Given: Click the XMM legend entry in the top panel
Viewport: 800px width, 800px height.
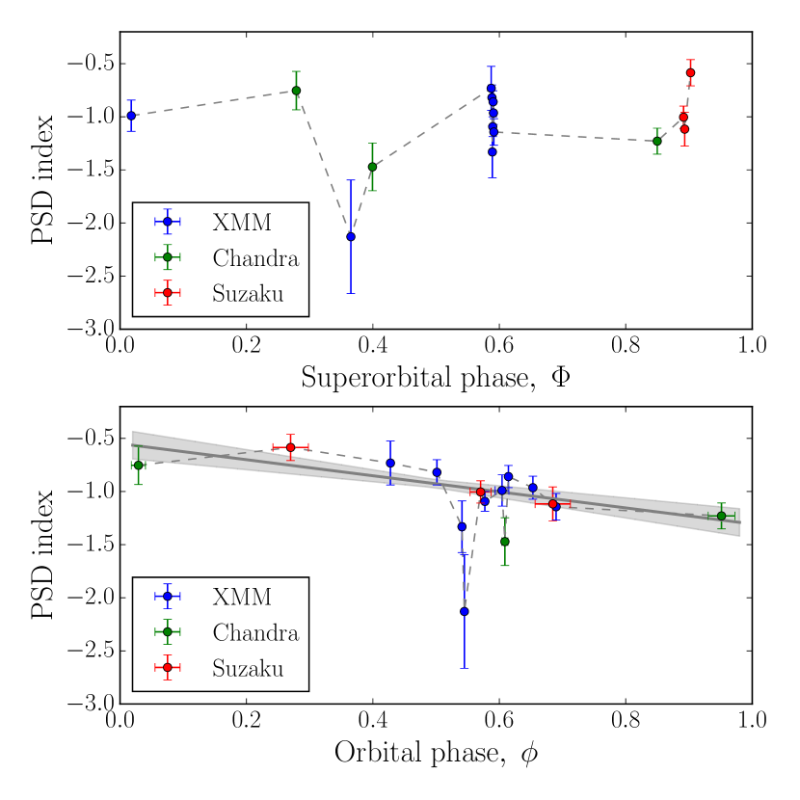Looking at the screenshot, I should (x=241, y=221).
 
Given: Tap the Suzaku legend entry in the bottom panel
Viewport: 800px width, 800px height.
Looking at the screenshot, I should (x=248, y=667).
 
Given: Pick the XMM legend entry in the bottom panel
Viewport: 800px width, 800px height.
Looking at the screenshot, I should (x=241, y=597).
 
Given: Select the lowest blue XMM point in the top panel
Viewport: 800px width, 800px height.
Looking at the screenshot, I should (x=351, y=236).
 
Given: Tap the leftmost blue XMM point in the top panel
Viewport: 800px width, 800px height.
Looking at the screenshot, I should (x=131, y=116).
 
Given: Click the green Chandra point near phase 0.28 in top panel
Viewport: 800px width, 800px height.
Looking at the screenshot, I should (x=296, y=91).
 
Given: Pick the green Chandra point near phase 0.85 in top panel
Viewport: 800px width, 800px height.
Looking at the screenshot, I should (x=657, y=141).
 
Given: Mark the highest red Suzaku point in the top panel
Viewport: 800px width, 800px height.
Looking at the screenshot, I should (x=690, y=72).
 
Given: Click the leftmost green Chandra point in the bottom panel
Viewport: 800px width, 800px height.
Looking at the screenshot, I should (x=138, y=466).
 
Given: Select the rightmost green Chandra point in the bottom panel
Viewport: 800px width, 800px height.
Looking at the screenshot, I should (x=721, y=516).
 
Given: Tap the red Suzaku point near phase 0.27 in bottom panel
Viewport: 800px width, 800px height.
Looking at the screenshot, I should (x=290, y=447).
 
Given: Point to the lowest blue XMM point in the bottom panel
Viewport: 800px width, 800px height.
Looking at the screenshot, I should (x=464, y=611).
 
